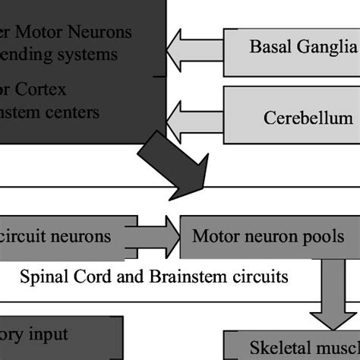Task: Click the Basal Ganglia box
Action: (x=292, y=46)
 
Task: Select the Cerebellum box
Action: (x=292, y=118)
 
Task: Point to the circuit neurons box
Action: (x=61, y=236)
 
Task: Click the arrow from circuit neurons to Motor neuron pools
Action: (x=158, y=236)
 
